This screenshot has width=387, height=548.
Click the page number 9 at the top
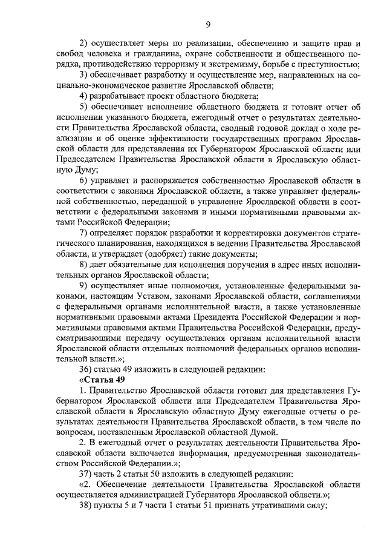tap(207, 24)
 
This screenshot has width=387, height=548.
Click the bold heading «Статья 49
tap(103, 378)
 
